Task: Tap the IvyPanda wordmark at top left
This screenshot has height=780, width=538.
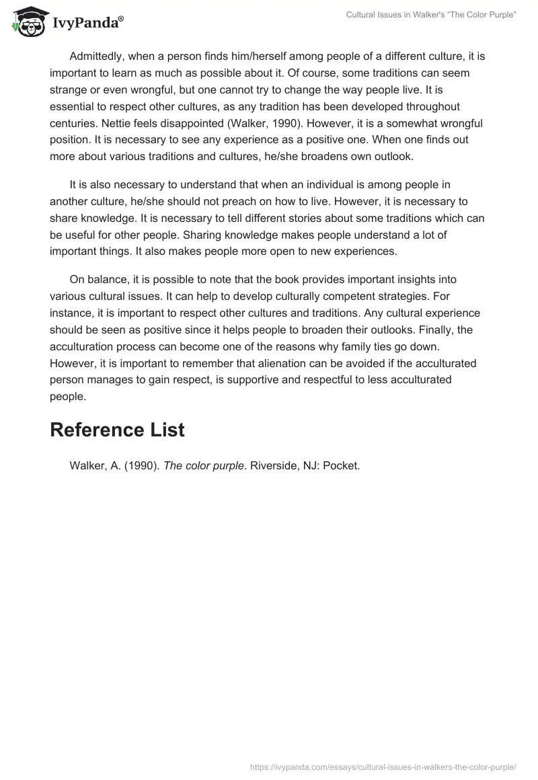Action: (x=87, y=24)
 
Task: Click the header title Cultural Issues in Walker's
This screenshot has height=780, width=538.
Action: (x=430, y=15)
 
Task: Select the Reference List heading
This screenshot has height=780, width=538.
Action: (x=117, y=430)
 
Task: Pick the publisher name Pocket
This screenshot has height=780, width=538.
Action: (x=341, y=466)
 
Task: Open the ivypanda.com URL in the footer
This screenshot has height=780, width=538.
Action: (x=382, y=766)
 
